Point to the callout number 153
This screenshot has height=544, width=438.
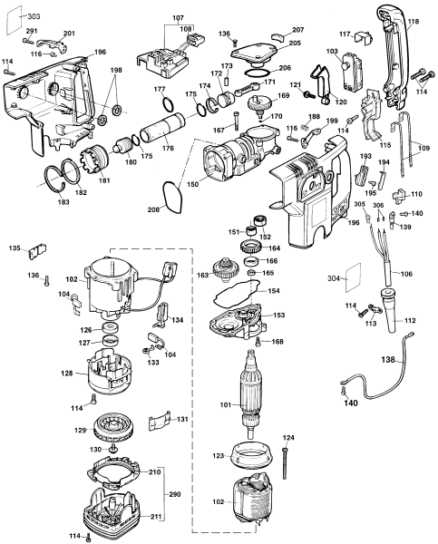(x=279, y=315)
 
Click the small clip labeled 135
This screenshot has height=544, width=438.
(x=37, y=250)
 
